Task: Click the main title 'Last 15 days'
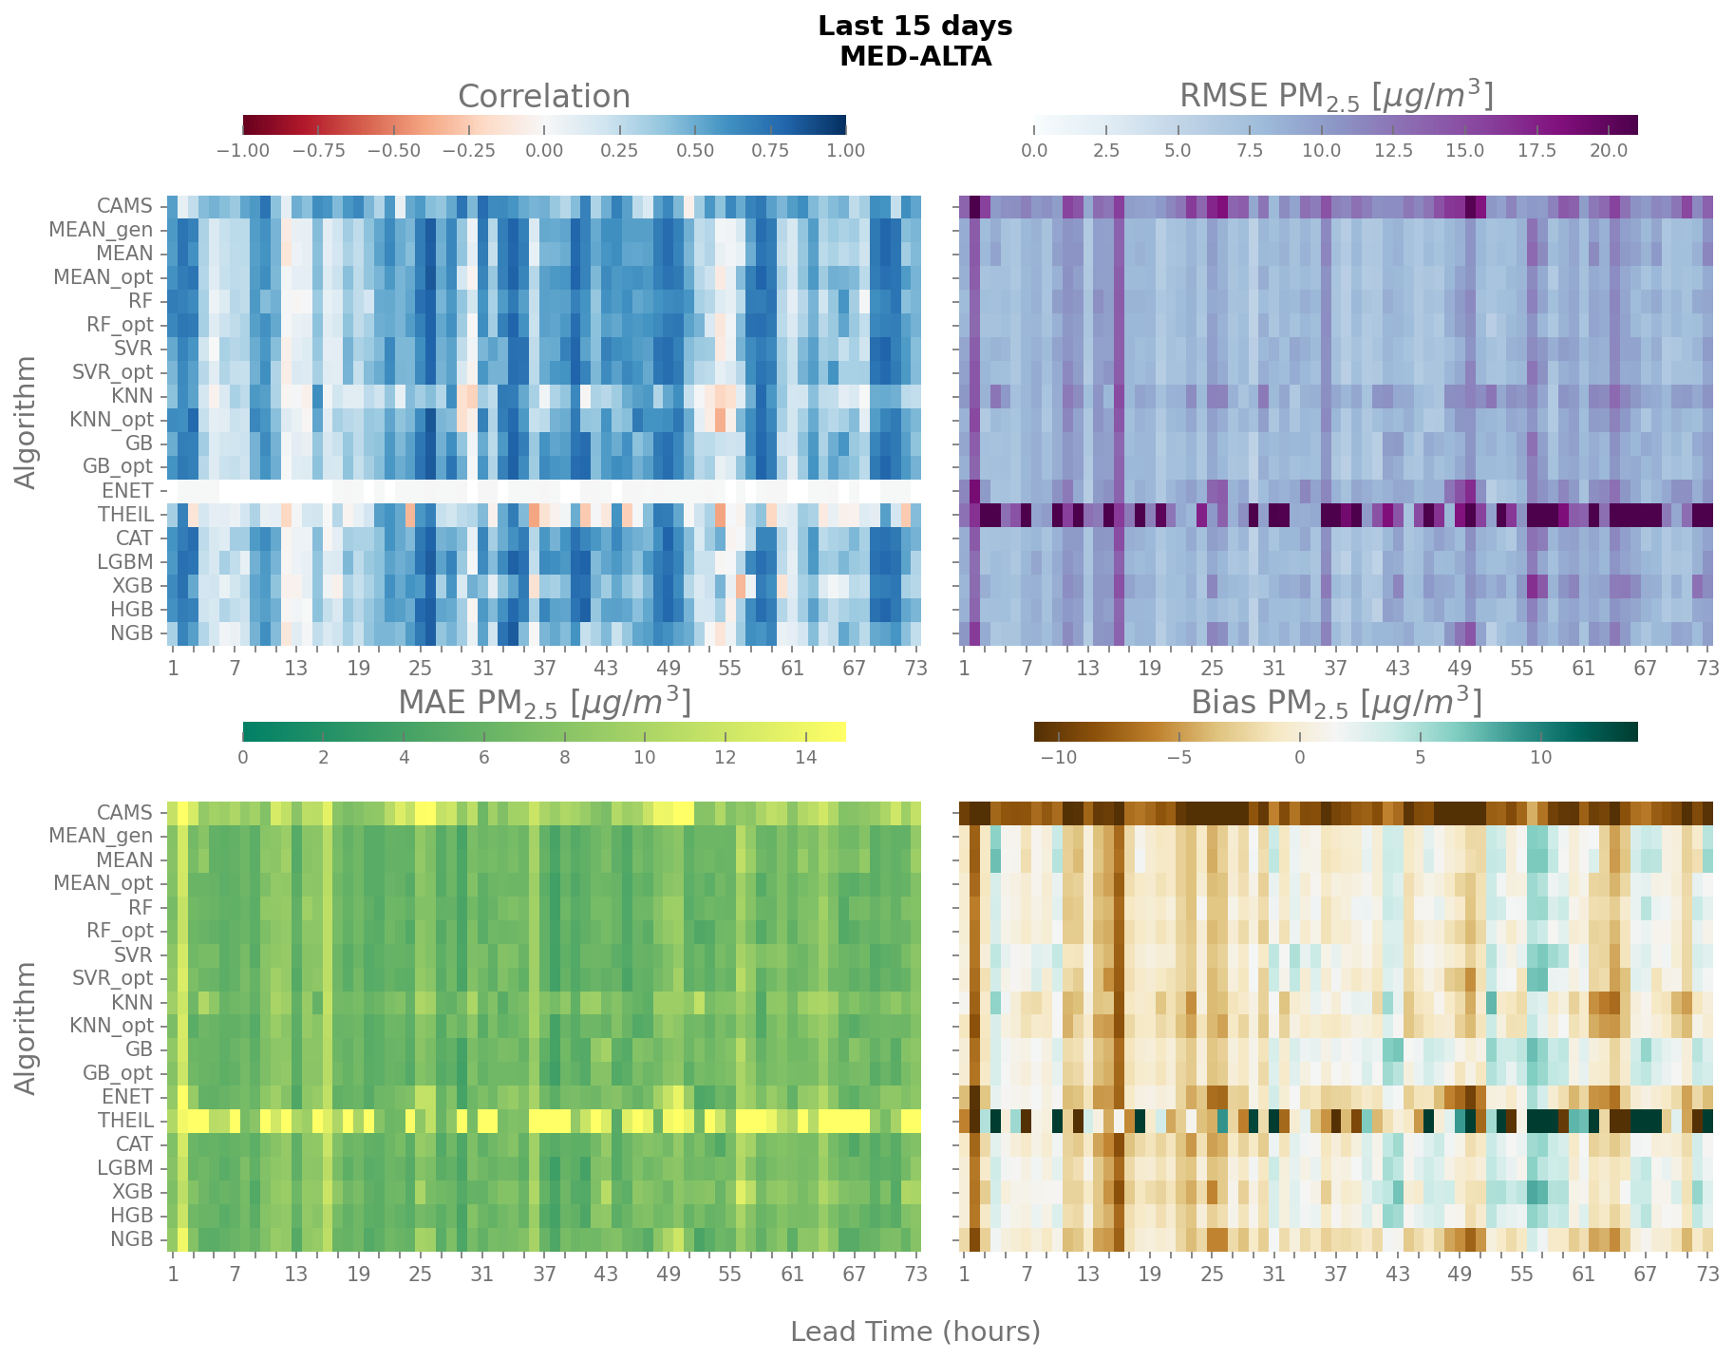tap(914, 27)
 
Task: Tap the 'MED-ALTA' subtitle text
tap(914, 57)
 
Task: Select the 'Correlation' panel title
tap(543, 97)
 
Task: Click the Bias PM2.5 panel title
tap(1335, 704)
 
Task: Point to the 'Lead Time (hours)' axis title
tap(914, 1332)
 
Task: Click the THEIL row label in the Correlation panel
tap(125, 515)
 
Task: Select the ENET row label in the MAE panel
tap(127, 1097)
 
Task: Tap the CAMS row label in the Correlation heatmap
tap(124, 206)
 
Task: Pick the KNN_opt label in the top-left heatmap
tap(111, 420)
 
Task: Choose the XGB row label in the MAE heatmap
tap(132, 1192)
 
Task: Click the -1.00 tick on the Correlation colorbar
tap(244, 151)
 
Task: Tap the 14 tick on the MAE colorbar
tap(805, 758)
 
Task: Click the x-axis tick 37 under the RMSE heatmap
tap(1335, 668)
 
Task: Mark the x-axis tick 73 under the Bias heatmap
tap(1707, 1275)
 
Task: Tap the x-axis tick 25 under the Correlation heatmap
tap(420, 668)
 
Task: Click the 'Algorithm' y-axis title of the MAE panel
tap(27, 1027)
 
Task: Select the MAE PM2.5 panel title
tap(543, 704)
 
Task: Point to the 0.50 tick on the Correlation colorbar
tap(695, 151)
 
